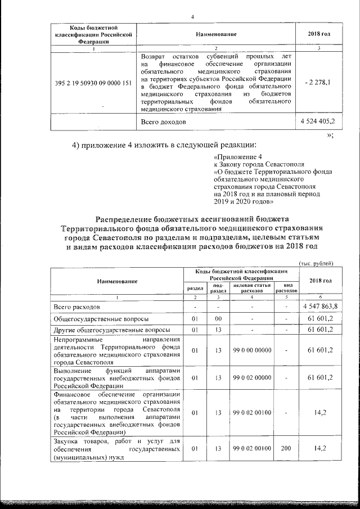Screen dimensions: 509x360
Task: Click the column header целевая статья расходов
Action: [x=251, y=288]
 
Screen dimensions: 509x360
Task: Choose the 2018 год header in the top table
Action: [x=319, y=35]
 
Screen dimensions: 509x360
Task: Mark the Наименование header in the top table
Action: [x=216, y=35]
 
